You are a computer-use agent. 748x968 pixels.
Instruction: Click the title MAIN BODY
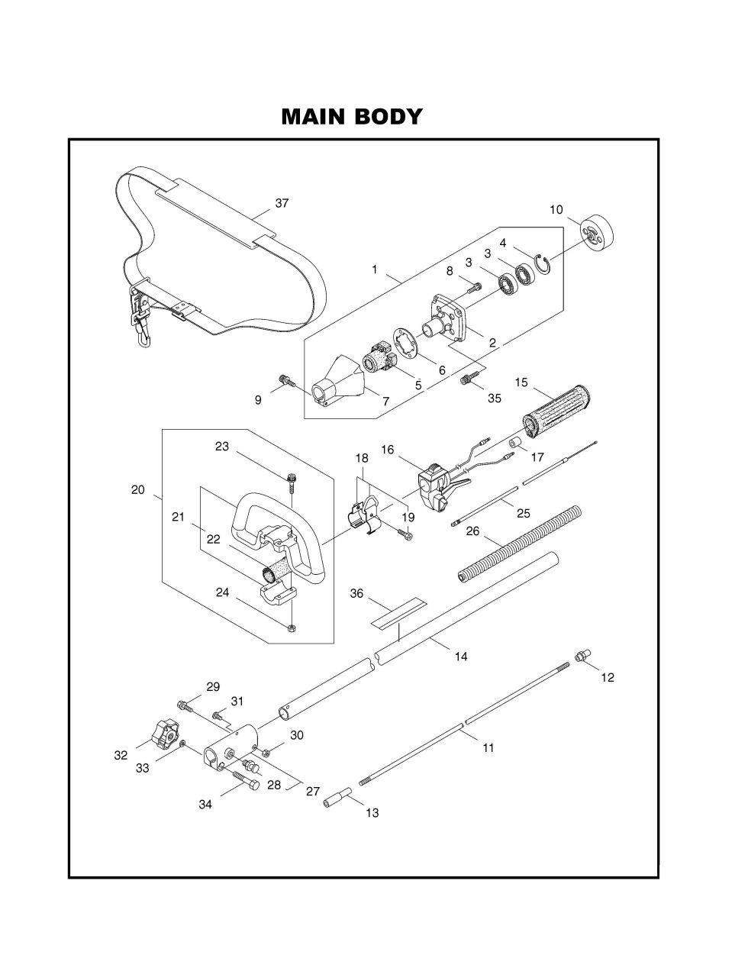[351, 117]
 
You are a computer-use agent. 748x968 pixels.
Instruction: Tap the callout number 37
[282, 203]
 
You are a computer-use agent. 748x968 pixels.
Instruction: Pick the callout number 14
[460, 656]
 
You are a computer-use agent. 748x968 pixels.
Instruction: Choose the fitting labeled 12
[584, 655]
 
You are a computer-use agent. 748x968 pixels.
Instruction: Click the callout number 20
[137, 490]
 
